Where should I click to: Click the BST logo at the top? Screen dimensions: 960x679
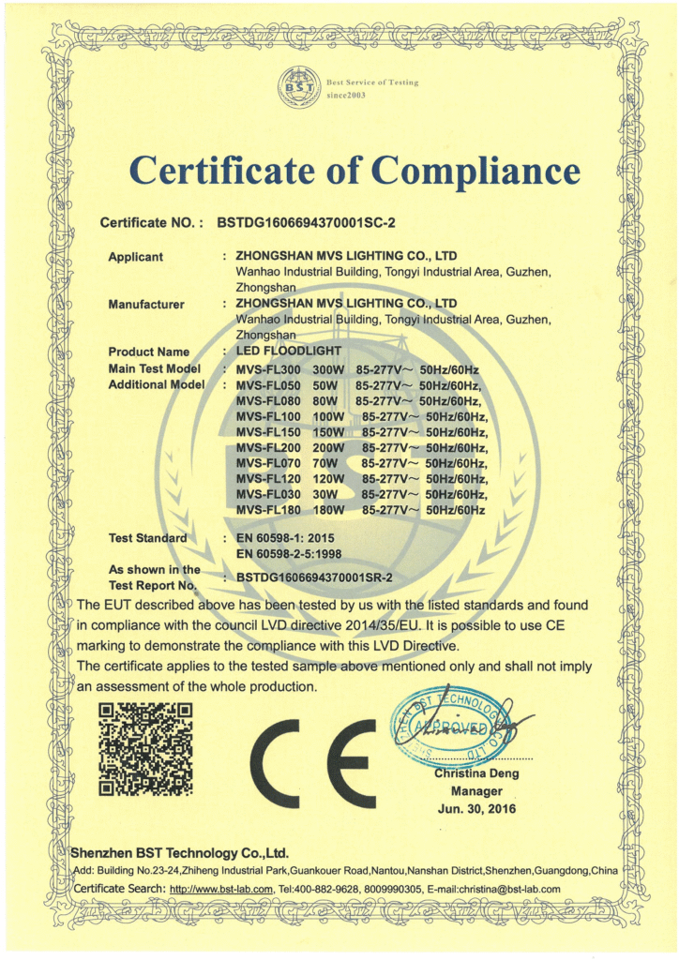point(299,89)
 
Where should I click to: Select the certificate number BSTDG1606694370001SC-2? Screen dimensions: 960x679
point(308,223)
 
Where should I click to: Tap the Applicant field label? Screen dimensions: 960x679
point(136,257)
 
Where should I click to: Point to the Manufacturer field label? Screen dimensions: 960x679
point(146,304)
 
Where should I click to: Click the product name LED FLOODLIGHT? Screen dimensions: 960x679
point(288,352)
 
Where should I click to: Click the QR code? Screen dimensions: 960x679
point(145,749)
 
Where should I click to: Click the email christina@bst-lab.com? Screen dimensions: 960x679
point(507,889)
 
